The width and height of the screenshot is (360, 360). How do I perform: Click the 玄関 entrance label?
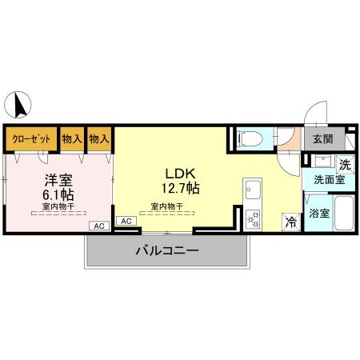[x=323, y=138]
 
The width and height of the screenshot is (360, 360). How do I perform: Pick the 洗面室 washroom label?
[x=328, y=180]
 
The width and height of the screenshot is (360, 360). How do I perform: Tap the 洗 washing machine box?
[x=345, y=164]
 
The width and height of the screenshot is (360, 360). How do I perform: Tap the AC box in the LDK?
[x=126, y=220]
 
